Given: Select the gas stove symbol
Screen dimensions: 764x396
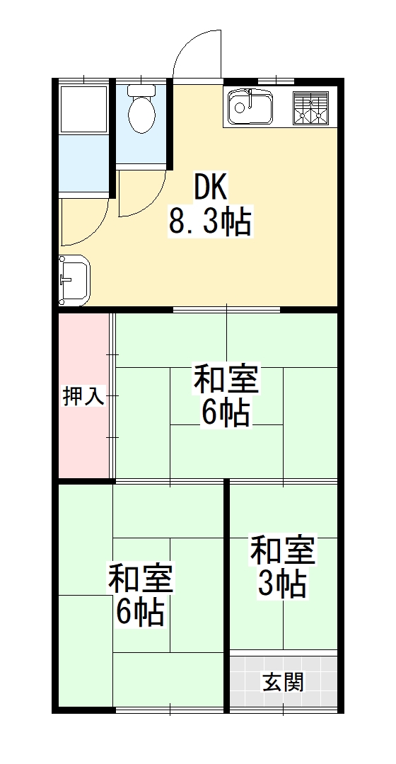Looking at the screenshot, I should coord(311,108).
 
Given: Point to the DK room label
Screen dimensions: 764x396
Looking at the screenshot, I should coord(210,187).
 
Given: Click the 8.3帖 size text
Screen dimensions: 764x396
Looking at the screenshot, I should coord(210,223).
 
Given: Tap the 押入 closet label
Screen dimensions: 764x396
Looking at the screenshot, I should coord(83,397).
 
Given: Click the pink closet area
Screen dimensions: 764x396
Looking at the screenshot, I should coord(83,439).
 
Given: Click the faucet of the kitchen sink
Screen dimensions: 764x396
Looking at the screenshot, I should coord(240,104).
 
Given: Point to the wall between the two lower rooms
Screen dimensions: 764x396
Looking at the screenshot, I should coord(226,594).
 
